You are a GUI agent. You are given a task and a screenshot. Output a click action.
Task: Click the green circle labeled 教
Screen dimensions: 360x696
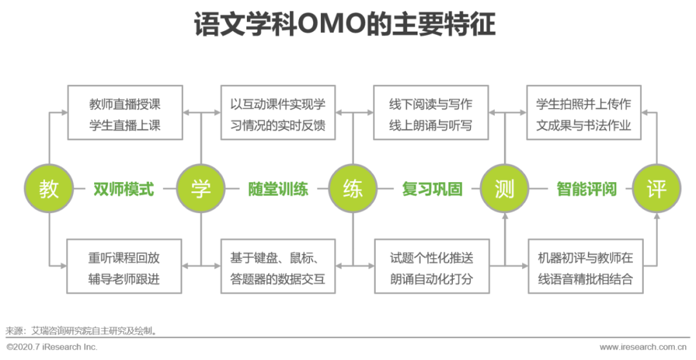coord(49,189)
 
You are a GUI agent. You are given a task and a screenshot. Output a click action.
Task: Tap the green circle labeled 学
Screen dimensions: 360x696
coord(201,189)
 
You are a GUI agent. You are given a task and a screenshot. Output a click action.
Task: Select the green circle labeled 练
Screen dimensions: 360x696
coord(353,189)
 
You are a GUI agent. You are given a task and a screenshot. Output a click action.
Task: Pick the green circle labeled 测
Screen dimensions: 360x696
coord(505,189)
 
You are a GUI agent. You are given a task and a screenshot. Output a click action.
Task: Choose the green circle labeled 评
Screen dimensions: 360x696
coord(656,189)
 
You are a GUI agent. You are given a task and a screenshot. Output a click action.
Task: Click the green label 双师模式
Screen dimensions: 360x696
coord(124,189)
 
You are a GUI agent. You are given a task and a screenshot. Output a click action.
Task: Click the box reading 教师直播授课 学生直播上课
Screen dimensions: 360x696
coord(125,113)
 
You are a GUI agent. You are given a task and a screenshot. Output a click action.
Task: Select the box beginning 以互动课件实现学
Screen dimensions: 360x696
coord(278,113)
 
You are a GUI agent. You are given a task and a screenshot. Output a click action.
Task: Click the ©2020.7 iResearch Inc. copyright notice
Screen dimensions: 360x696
coord(52,346)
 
